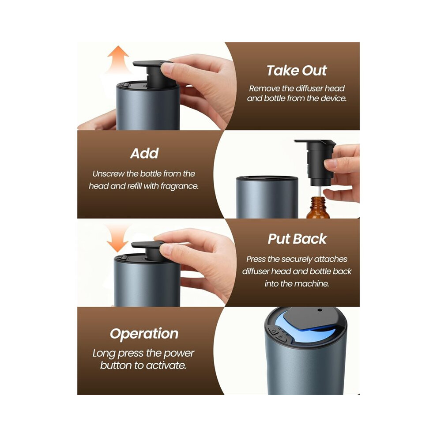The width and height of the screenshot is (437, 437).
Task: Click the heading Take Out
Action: click(297, 71)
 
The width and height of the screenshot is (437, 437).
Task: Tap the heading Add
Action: click(144, 153)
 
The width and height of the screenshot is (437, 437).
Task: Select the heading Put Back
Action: click(297, 239)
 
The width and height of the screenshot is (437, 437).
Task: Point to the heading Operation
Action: click(144, 334)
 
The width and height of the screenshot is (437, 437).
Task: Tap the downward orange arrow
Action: click(117, 238)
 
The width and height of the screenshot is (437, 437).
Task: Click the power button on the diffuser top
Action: click(274, 332)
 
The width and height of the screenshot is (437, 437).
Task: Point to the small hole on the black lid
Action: click(320, 310)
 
